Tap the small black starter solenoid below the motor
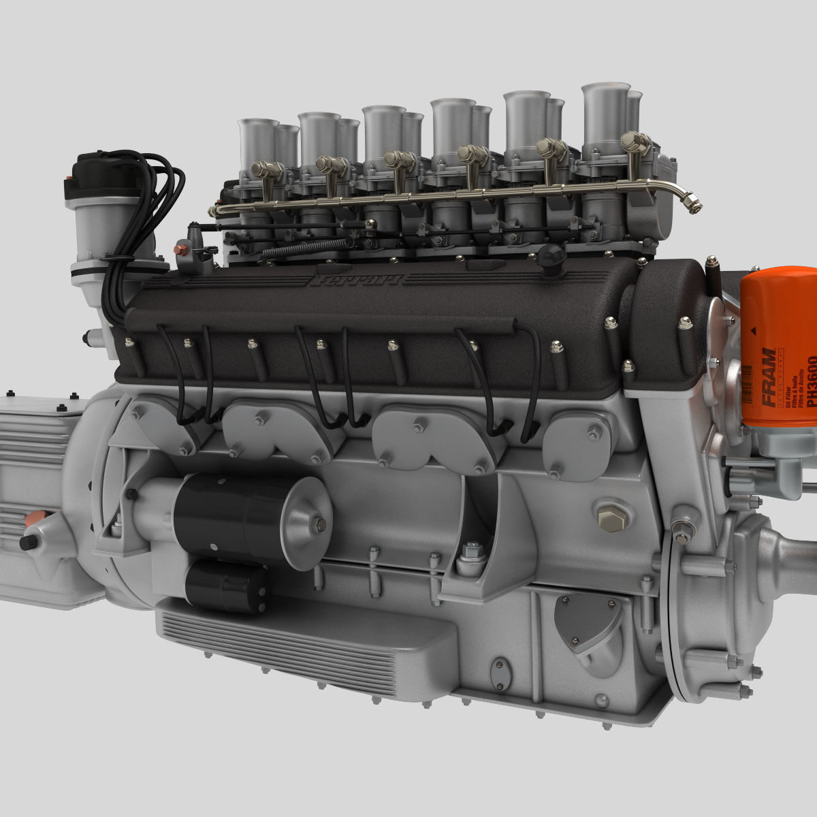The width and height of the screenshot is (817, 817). [225, 586]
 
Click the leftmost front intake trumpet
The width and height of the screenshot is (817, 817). [258, 143]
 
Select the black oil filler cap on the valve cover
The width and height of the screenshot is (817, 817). [550, 255]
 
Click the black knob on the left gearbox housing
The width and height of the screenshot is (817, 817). [29, 543]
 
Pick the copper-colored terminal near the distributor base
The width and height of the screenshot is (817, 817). [180, 249]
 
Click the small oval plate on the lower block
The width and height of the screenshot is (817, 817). [502, 674]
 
